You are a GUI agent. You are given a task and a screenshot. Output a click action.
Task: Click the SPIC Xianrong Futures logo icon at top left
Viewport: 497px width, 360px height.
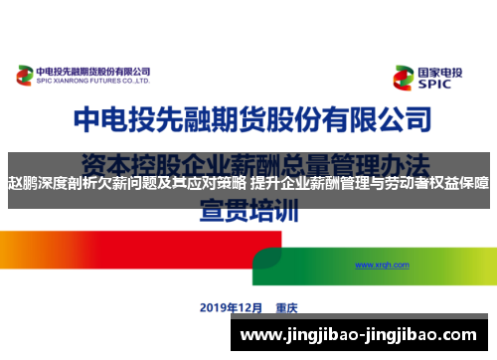click(x=25, y=75)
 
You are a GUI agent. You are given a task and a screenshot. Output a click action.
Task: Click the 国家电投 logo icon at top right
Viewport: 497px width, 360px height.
click(x=404, y=78)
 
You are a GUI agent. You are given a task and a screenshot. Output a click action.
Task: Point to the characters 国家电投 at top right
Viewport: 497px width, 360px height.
click(x=441, y=72)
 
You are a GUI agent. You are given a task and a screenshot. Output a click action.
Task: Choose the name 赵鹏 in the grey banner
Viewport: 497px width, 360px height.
click(x=22, y=183)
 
